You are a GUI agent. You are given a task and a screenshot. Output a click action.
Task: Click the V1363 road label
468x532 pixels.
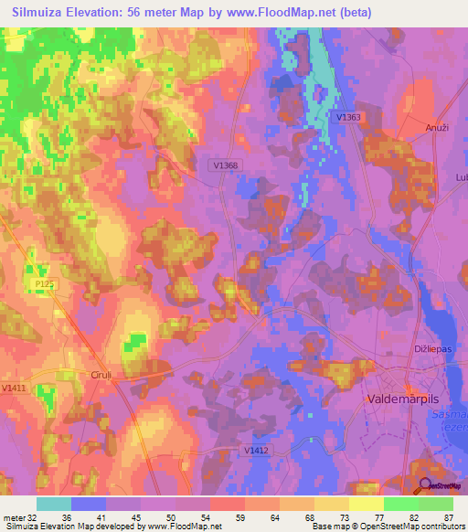coord(348,117)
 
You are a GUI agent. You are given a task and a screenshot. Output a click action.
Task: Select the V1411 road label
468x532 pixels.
coord(14,388)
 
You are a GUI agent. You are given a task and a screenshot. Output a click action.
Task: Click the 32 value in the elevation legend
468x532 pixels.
coord(34,516)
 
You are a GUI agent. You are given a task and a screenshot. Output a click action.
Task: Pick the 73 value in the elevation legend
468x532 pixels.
coord(331,516)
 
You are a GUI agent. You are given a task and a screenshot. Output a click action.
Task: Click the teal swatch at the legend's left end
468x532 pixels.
coord(54,504)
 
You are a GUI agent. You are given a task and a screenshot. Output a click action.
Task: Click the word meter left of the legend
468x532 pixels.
coord(13,516)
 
